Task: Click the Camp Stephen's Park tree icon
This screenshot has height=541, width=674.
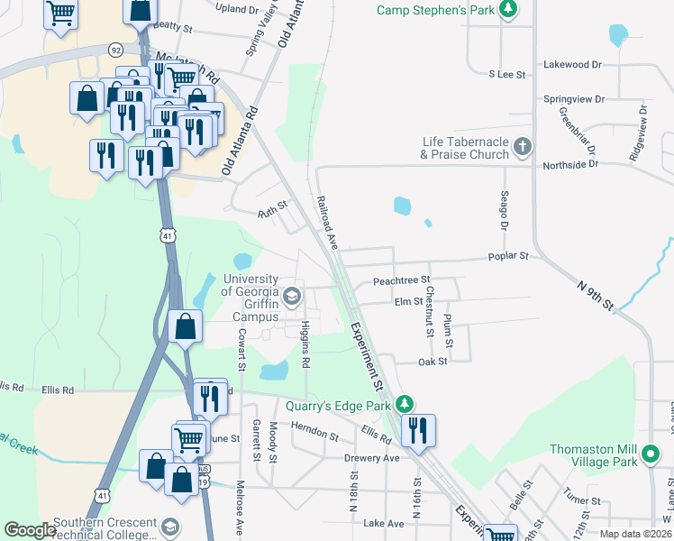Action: coord(509,10)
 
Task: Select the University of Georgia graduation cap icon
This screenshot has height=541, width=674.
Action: coord(292,296)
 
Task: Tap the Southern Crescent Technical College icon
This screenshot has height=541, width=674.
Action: coord(169,526)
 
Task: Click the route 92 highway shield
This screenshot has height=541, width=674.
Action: coord(116,50)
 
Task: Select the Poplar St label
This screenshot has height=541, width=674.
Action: coord(508,257)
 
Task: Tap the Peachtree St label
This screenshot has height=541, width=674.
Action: coord(402,281)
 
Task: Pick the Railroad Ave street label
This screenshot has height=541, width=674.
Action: coord(325,222)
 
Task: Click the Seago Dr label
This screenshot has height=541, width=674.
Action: coord(505,210)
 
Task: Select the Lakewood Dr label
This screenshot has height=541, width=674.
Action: coord(572,65)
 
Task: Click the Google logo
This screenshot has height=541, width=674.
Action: coord(29,531)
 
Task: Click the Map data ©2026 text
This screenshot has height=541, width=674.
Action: coord(634,534)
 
